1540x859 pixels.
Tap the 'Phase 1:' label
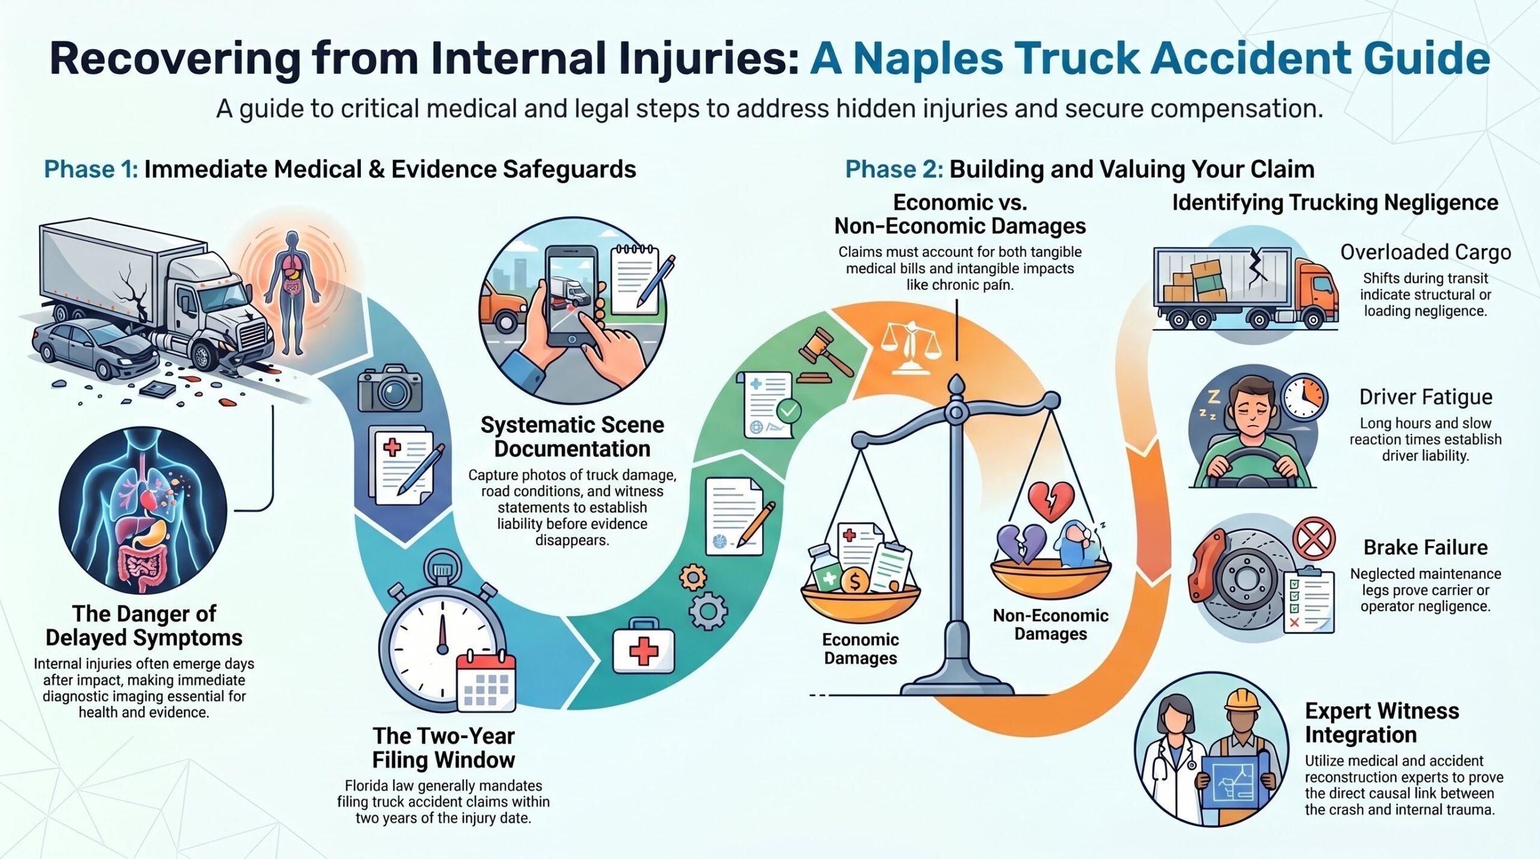[x=91, y=170]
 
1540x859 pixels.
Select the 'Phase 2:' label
[x=894, y=170]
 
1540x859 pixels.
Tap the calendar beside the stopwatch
[x=486, y=681]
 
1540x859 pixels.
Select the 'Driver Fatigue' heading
[x=1426, y=397]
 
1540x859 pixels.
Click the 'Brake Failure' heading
[x=1426, y=547]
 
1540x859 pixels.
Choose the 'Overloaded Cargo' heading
[x=1426, y=252]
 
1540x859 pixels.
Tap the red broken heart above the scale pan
[x=1051, y=501]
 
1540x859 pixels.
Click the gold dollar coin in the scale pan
[x=854, y=581]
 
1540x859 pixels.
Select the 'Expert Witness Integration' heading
[x=1382, y=723]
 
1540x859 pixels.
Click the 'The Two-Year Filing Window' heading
[x=443, y=748]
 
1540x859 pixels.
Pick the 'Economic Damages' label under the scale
[x=860, y=649]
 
